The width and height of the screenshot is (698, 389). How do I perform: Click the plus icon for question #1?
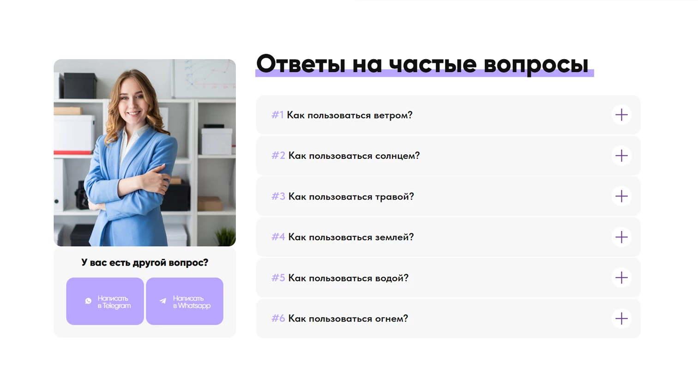coord(621,115)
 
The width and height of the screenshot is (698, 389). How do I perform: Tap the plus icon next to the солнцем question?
coord(621,156)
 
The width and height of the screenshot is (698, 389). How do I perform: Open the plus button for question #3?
coord(621,196)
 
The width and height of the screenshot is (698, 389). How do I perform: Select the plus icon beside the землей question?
coord(621,237)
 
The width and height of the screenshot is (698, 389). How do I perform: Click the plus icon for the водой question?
coord(621,278)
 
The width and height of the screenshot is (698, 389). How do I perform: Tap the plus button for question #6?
coord(621,318)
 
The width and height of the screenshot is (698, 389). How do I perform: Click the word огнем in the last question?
coord(391,319)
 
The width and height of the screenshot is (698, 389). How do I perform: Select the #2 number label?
coord(278,155)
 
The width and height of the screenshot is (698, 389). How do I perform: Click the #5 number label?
coord(278,278)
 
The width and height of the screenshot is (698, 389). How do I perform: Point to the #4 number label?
coord(278,237)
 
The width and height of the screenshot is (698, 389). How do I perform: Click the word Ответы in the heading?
coord(301,64)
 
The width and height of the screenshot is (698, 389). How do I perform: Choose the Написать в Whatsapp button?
coord(185,301)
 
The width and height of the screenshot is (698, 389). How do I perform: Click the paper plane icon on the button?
coord(163,301)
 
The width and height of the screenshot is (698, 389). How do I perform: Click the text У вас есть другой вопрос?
coord(144,263)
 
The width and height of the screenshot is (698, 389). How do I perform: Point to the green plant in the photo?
coord(226,237)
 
